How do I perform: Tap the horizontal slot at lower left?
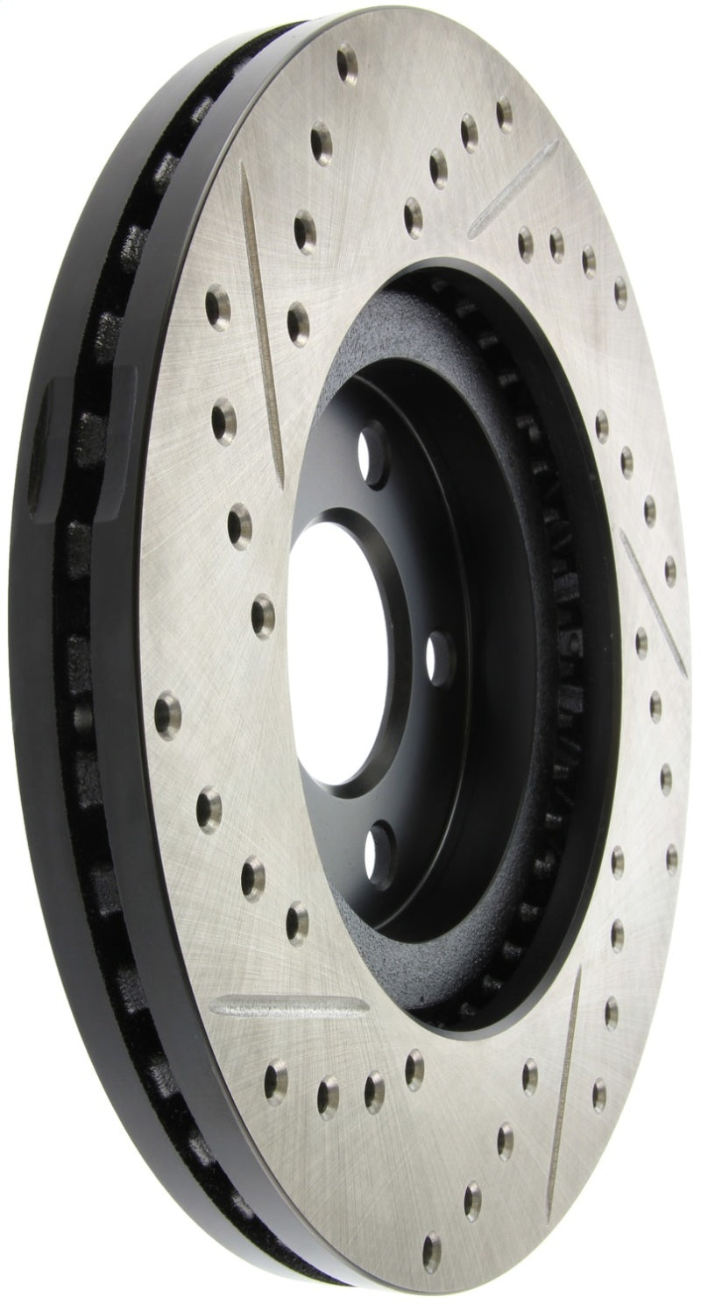288,1006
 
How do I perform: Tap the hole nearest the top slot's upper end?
504,113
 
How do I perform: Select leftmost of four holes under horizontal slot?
276,1070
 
